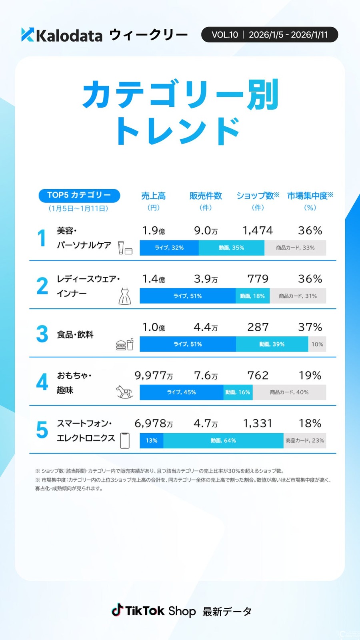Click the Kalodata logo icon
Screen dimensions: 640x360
pyautogui.click(x=28, y=35)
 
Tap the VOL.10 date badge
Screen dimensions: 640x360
pyautogui.click(x=270, y=35)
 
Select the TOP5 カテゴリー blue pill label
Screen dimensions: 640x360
pyautogui.click(x=79, y=195)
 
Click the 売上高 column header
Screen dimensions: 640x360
pyautogui.click(x=153, y=196)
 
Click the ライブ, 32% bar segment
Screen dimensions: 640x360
pyautogui.click(x=169, y=248)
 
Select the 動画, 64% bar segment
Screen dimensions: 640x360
pyautogui.click(x=223, y=440)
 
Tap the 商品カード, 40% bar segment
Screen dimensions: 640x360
pyautogui.click(x=289, y=392)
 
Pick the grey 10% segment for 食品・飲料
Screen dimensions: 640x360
pyautogui.click(x=317, y=344)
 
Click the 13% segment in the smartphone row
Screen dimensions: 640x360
pyautogui.click(x=151, y=440)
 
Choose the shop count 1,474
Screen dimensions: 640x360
pyautogui.click(x=258, y=230)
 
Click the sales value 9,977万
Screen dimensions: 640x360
pyautogui.click(x=154, y=375)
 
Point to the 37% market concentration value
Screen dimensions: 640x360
pyautogui.click(x=310, y=327)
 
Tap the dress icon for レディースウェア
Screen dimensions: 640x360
pyautogui.click(x=125, y=296)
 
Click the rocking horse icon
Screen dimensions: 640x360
pyautogui.click(x=124, y=392)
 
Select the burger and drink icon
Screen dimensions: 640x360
pyautogui.click(x=125, y=344)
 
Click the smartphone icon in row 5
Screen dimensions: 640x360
pyautogui.click(x=125, y=440)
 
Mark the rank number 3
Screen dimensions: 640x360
pyautogui.click(x=42, y=334)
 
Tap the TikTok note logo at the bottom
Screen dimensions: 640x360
pyautogui.click(x=117, y=610)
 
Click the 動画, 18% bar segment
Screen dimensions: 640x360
pyautogui.click(x=252, y=296)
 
